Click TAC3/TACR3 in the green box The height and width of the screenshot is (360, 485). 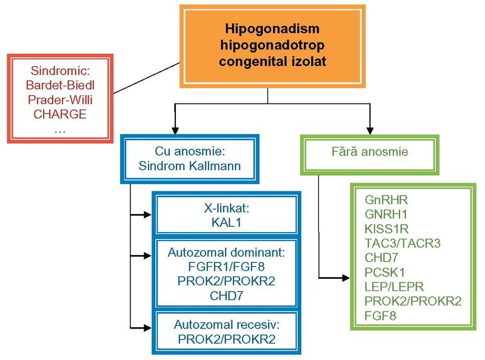(403, 243)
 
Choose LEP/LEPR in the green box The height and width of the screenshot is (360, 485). (393, 287)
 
